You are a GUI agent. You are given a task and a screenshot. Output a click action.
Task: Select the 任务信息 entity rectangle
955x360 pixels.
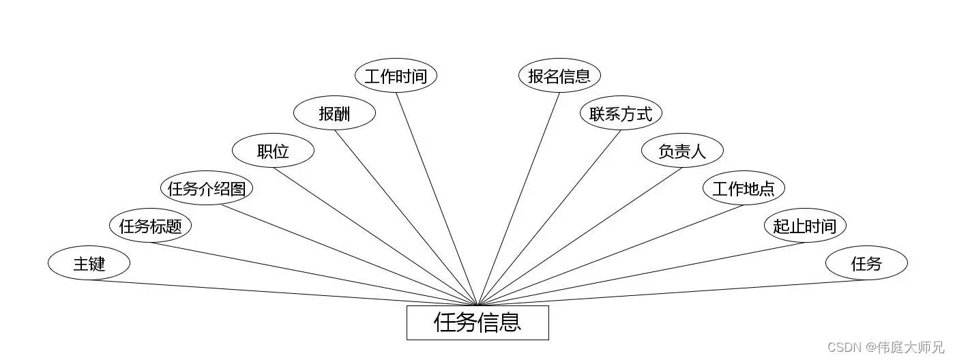pyautogui.click(x=477, y=322)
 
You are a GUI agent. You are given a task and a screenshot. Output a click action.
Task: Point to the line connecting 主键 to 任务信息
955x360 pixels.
pyautogui.click(x=283, y=292)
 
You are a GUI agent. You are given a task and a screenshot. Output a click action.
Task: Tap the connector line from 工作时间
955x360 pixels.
pyautogui.click(x=437, y=199)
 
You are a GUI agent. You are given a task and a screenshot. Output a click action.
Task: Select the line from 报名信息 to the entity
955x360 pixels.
pyautogui.click(x=518, y=199)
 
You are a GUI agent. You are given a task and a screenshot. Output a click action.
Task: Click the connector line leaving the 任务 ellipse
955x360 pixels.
pyautogui.click(x=672, y=292)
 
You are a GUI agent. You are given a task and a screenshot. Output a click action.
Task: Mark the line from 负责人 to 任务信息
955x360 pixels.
pyautogui.click(x=580, y=237)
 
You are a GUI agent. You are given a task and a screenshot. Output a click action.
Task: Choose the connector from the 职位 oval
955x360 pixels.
pyautogui.click(x=375, y=237)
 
